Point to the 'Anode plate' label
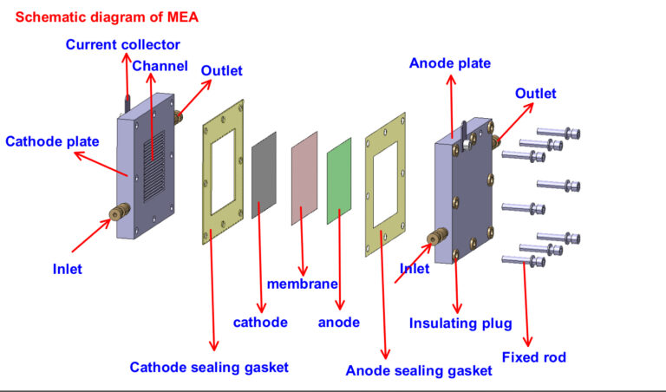(449, 63)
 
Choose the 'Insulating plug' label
(460, 323)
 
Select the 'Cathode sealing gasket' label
(208, 367)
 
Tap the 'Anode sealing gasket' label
(419, 370)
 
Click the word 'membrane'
(301, 284)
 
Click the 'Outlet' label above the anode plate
(536, 93)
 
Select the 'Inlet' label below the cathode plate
(67, 269)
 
